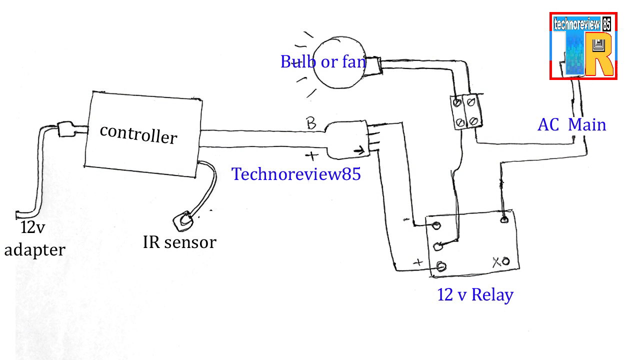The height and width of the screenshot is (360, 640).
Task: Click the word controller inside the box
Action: tap(138, 134)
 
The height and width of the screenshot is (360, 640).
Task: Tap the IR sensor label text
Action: tap(179, 242)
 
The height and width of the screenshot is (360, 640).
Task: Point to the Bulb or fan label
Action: tap(323, 61)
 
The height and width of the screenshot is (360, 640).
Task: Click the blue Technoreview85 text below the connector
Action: tap(296, 174)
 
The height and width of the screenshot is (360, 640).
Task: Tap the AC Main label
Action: tap(571, 124)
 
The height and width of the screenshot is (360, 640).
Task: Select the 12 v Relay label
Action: tap(475, 294)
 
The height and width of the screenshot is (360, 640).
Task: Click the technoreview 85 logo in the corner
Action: tap(583, 46)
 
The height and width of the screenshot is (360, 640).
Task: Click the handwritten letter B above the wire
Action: tap(311, 123)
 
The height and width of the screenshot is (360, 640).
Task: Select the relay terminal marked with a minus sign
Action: tap(436, 225)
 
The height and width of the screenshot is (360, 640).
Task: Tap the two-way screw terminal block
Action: tap(464, 111)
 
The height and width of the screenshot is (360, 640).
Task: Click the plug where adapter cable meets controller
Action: tap(66, 129)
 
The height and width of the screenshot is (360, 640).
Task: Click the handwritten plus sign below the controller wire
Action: tap(311, 156)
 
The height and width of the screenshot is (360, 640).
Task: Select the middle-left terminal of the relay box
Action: tap(438, 245)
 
